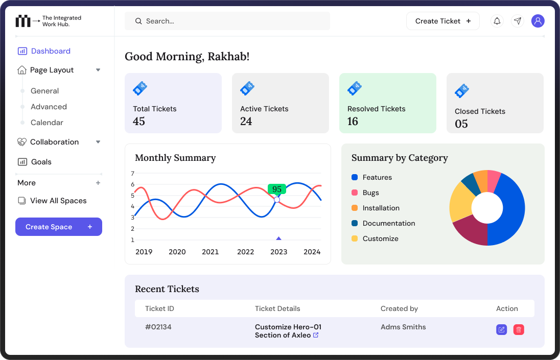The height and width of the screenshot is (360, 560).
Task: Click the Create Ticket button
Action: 442,21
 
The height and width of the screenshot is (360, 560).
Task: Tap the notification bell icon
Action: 497,21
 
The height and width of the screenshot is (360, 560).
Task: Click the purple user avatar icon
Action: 538,21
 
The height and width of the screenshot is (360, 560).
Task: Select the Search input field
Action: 227,21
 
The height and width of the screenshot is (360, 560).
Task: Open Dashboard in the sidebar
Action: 51,51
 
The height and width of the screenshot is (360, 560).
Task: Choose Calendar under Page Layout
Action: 47,123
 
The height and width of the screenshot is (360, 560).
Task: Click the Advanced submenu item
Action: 49,107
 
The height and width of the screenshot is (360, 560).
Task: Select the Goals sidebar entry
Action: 41,162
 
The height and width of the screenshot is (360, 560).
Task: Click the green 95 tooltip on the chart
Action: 277,189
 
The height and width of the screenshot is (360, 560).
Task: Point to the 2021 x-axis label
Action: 211,252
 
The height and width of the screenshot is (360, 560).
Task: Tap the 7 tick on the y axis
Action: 132,173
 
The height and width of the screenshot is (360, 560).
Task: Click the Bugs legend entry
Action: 370,193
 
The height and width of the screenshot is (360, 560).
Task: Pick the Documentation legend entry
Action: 388,223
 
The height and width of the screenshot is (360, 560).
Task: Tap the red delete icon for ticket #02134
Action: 519,330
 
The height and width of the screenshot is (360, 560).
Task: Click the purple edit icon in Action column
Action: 501,330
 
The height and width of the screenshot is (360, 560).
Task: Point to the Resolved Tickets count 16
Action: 353,122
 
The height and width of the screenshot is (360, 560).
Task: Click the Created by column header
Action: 399,308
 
